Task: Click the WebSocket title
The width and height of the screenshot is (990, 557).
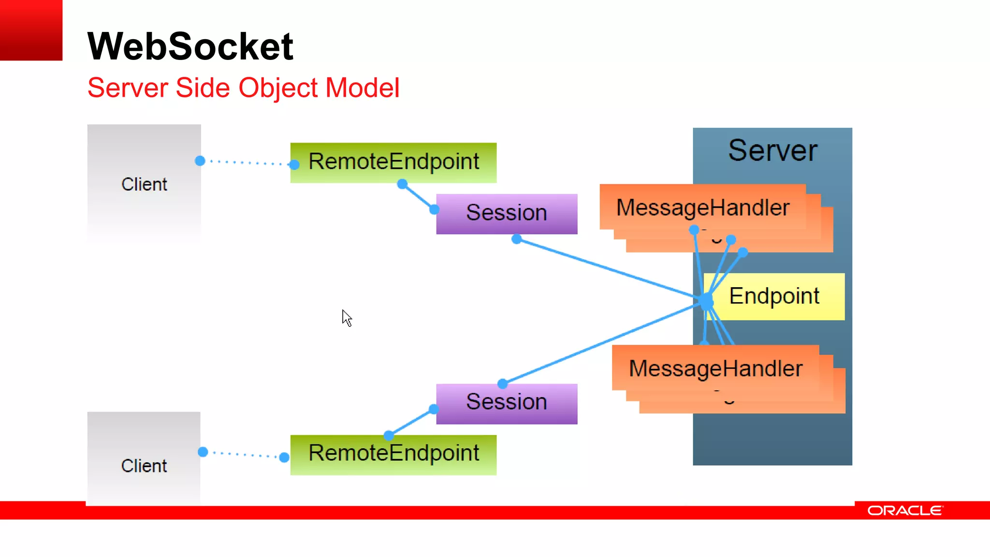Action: pos(190,46)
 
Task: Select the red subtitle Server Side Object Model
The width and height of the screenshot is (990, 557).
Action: pos(243,88)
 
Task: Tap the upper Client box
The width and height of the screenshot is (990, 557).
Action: pos(144,184)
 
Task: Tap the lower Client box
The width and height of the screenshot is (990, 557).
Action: pos(144,465)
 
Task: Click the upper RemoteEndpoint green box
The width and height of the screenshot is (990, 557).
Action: pos(393,162)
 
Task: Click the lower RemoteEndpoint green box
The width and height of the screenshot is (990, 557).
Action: pos(393,454)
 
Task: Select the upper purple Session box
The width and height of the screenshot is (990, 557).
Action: pos(506,213)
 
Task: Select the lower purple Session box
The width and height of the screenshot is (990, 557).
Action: pos(506,403)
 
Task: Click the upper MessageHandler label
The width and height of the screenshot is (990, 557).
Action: pos(702,208)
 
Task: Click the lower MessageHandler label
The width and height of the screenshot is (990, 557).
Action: pos(715,368)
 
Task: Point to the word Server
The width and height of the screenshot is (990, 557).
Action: pos(772,150)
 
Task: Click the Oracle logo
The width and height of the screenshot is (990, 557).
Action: pos(904,511)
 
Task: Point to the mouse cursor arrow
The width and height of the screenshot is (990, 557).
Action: pos(346,317)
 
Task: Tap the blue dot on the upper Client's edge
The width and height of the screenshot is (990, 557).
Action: pos(200,161)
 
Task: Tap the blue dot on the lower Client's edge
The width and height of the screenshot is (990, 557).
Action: pos(203,452)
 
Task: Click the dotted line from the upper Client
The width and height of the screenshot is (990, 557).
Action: pos(247,162)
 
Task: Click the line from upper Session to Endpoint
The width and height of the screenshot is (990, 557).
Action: pos(604,268)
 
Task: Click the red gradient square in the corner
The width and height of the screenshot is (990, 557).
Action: pos(31,30)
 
